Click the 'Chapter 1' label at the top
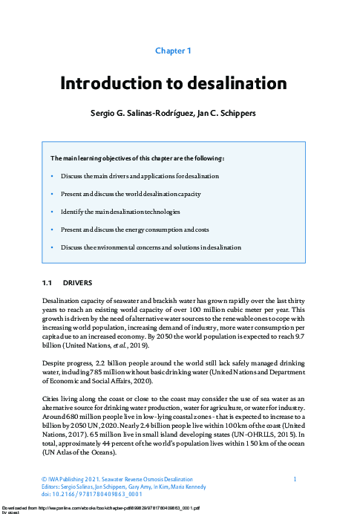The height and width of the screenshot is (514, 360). tap(173, 51)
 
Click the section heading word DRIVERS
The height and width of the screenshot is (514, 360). tap(77, 283)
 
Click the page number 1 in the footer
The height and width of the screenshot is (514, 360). tap(295, 479)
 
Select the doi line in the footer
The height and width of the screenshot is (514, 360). tap(81, 494)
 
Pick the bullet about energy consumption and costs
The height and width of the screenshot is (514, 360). tap(140, 229)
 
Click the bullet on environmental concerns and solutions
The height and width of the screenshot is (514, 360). tap(151, 247)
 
